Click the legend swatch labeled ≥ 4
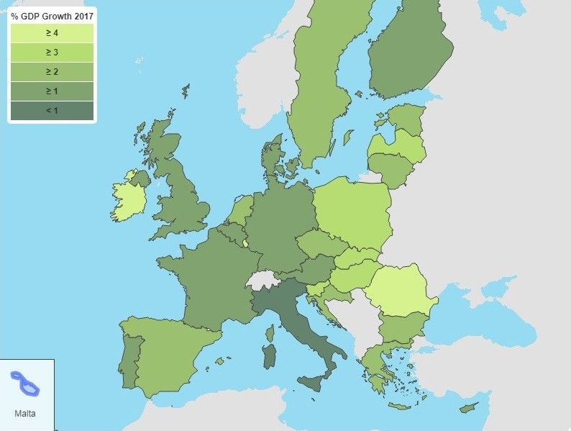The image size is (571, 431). coord(52,33)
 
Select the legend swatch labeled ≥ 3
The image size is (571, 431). coord(52,53)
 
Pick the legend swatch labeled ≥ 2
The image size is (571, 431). coord(52,72)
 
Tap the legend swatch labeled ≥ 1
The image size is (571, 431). coord(52,91)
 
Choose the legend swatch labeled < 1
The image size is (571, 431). coord(52,111)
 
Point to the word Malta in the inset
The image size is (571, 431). coord(24,414)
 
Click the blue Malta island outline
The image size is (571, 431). coord(25,383)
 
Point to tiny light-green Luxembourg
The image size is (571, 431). coord(245,243)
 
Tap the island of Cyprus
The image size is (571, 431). coord(468,408)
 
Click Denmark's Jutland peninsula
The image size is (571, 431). coord(273,158)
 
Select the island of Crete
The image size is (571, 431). coord(400,407)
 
